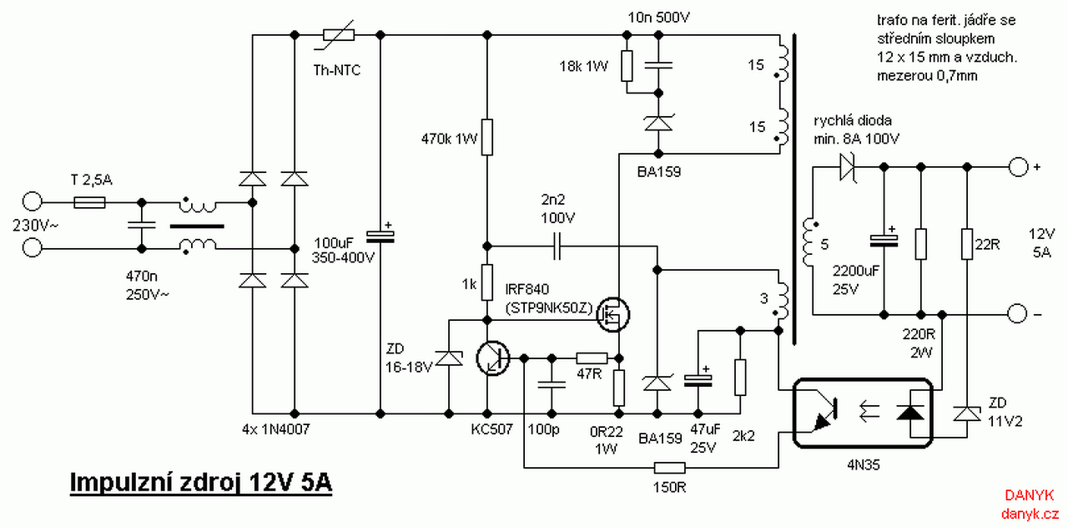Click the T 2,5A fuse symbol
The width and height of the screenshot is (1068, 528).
89,202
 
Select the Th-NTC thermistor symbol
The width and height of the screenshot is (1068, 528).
338,34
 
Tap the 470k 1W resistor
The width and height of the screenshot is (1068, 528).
486,137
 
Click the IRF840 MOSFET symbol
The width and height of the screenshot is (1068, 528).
613,314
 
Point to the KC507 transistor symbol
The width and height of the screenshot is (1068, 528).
493,358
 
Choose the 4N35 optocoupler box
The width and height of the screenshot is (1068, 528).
863,414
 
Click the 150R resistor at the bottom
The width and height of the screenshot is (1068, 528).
669,468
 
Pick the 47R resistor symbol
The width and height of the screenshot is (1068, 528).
592,358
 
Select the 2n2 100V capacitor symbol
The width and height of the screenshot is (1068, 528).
557,246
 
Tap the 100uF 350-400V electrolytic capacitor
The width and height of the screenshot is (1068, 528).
380,236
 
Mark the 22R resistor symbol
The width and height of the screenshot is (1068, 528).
967,245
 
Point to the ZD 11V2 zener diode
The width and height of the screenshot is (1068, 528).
967,414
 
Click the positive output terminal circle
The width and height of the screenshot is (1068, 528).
1018,167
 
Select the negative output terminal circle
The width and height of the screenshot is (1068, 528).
1017,314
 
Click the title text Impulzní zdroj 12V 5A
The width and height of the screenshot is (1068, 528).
201,482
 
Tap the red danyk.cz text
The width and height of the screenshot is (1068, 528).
1030,514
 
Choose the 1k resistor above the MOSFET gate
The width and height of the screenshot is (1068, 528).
486,282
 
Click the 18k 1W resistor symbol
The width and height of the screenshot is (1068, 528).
627,66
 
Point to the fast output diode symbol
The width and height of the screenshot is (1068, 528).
847,167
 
